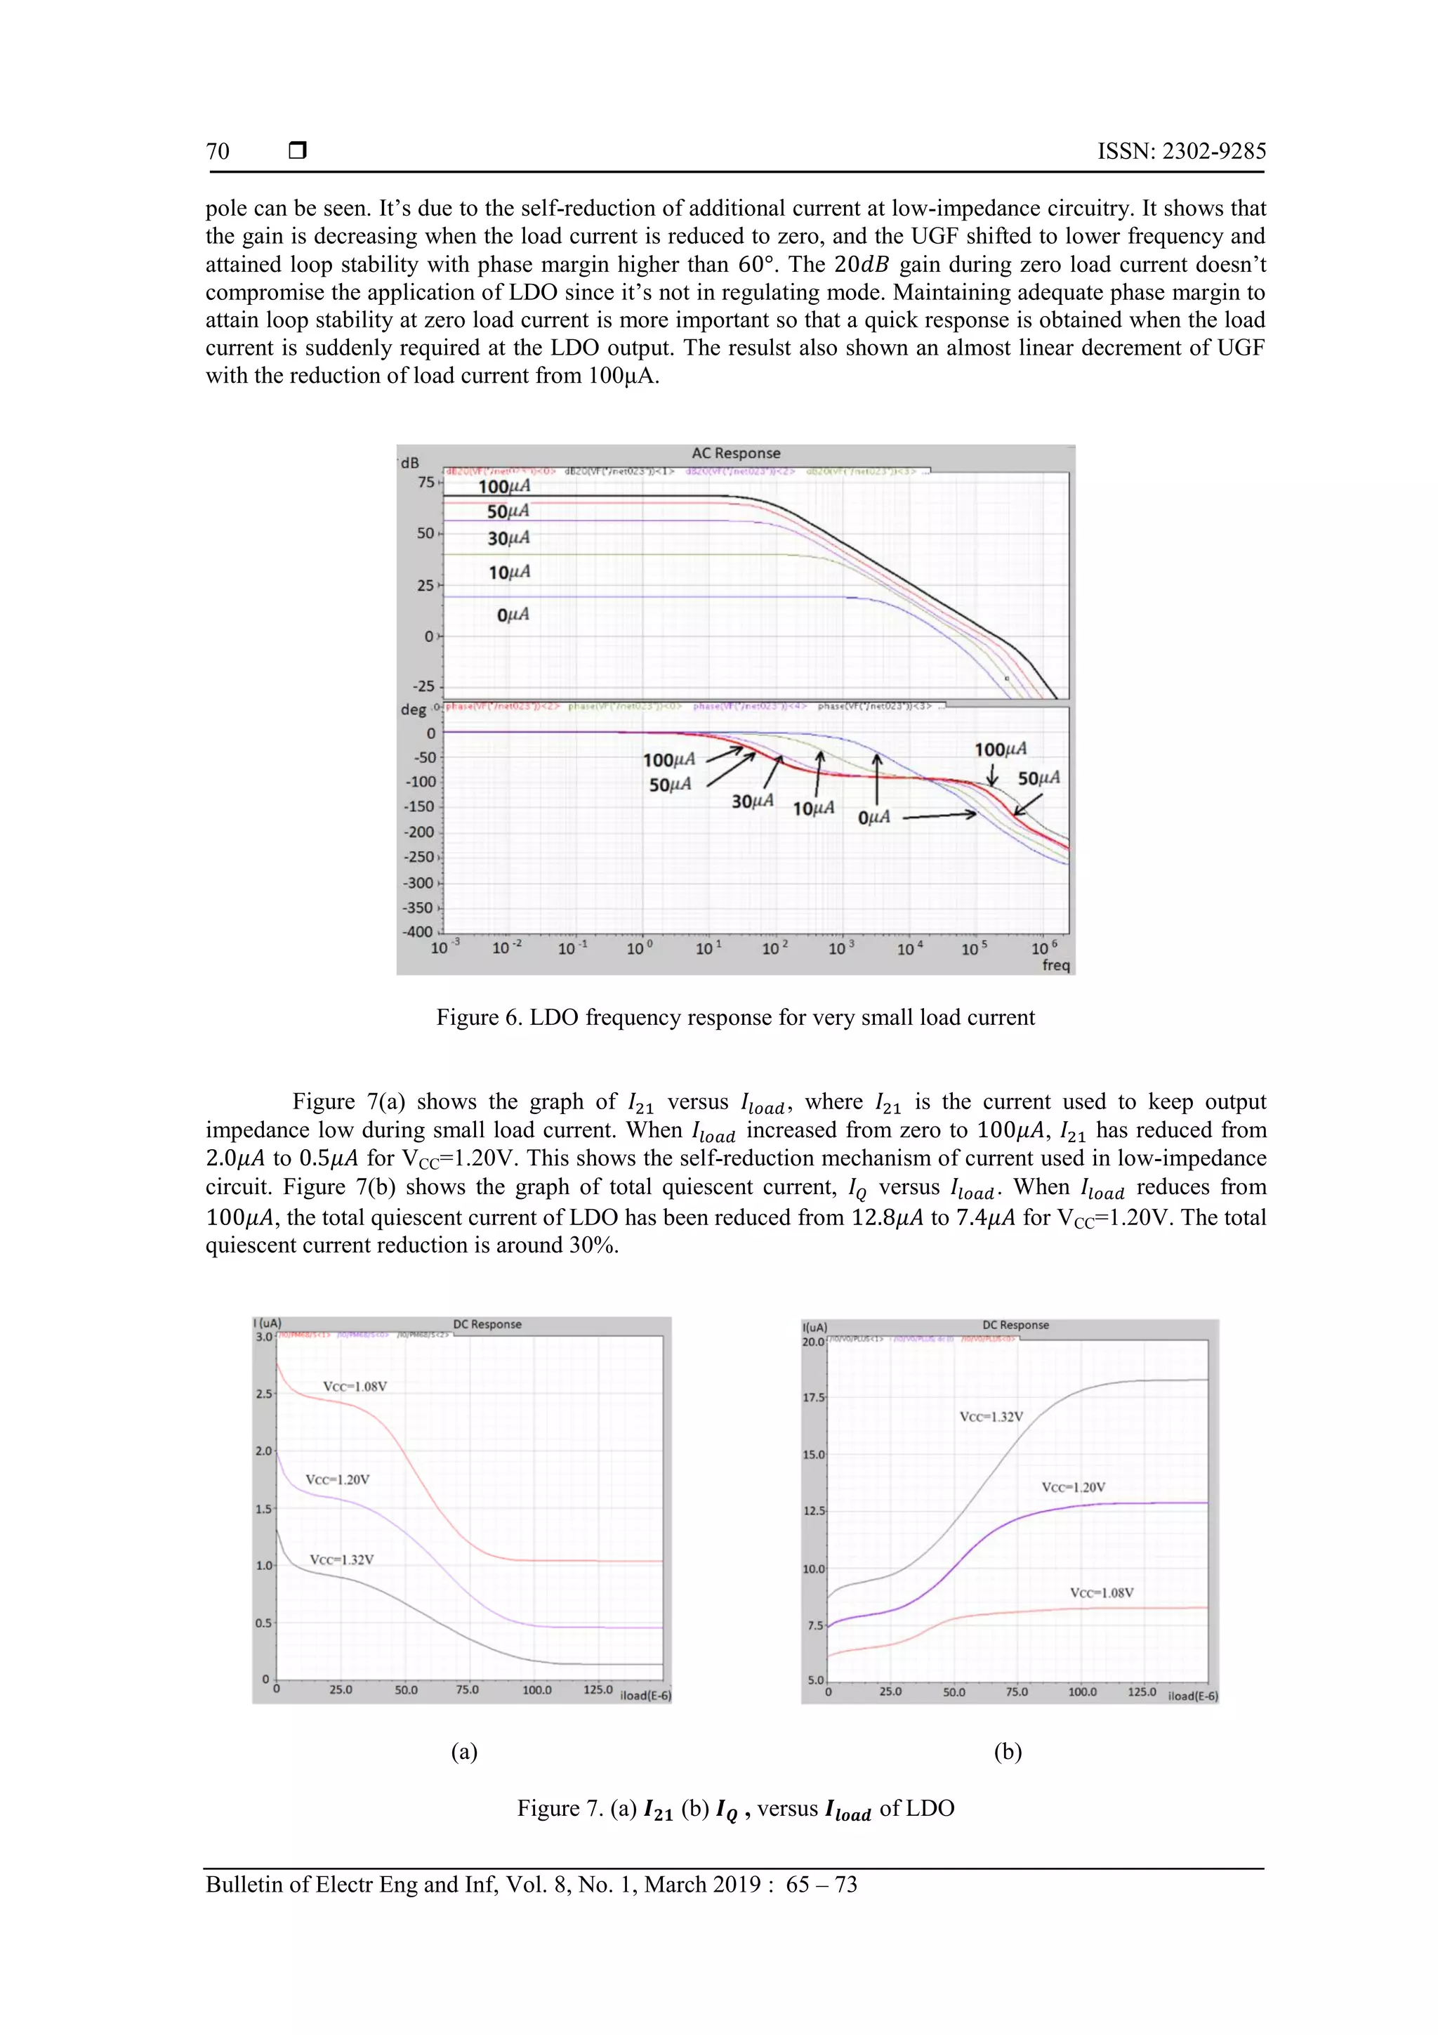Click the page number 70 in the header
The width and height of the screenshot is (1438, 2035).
(218, 152)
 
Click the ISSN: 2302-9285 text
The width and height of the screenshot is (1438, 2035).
(1181, 152)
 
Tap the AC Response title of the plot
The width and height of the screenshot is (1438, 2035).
(735, 453)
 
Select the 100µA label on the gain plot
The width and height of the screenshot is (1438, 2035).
(504, 487)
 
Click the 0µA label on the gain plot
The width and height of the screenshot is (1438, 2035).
(513, 614)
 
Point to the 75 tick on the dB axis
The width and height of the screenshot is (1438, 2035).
(426, 482)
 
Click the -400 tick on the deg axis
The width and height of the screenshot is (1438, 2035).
(418, 931)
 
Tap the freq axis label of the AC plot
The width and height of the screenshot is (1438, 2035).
(1055, 965)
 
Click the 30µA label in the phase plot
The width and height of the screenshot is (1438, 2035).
(752, 801)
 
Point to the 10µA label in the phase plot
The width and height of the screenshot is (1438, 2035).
(813, 809)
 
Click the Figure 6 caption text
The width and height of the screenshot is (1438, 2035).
(734, 1017)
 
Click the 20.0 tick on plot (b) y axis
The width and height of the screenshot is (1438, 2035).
(813, 1342)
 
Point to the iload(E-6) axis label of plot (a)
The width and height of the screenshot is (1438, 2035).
(645, 1696)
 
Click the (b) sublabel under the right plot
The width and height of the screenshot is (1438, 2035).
(1008, 1751)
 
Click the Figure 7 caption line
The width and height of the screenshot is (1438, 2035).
(734, 1809)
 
